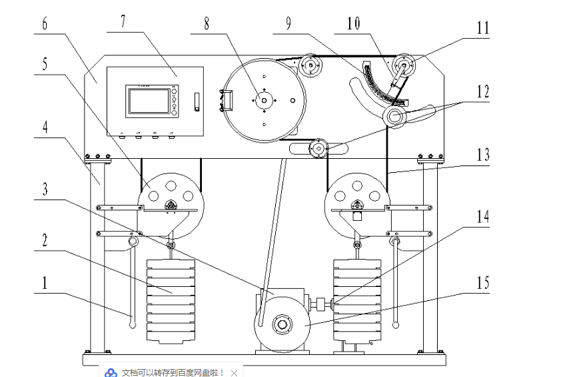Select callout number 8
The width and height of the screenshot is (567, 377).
point(206,23)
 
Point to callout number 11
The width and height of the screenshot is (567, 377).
point(482,29)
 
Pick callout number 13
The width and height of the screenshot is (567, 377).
point(482,155)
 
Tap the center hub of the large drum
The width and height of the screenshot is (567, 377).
point(264,101)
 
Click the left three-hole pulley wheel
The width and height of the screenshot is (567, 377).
point(171,196)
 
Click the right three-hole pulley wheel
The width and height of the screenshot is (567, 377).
point(357,196)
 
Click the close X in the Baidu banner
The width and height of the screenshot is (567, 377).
point(234,372)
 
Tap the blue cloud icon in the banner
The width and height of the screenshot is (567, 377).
point(112,372)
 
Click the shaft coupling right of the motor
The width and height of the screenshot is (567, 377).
point(322,306)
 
